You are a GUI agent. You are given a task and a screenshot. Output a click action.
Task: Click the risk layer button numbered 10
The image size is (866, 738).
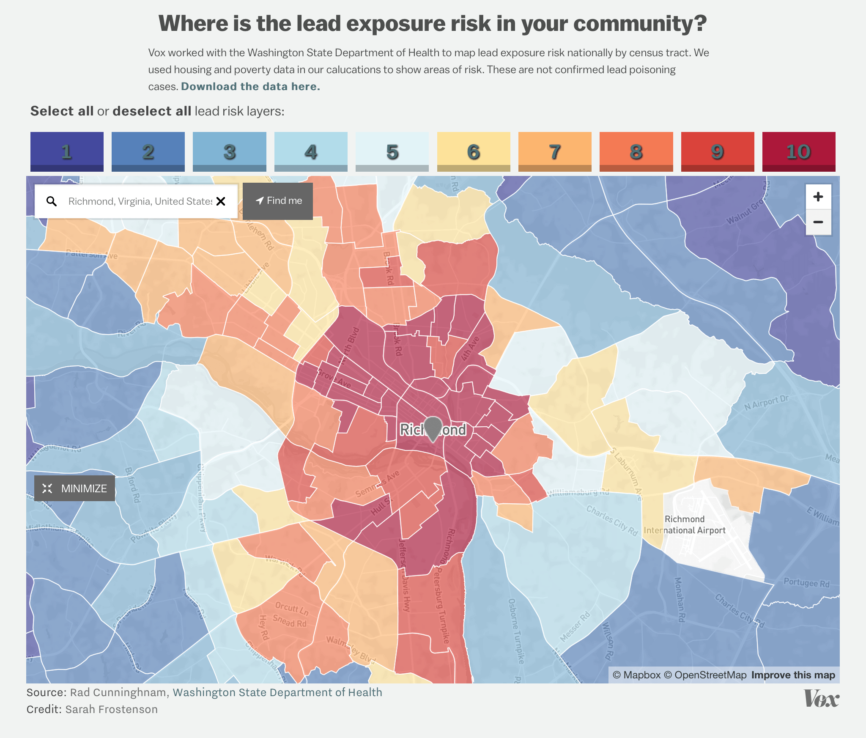click(798, 151)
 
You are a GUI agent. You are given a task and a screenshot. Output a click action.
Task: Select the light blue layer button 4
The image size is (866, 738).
click(311, 151)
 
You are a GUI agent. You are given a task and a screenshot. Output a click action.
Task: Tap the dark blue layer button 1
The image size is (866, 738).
click(67, 151)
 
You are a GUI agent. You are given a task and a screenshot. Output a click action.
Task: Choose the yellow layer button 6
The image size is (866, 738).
click(474, 151)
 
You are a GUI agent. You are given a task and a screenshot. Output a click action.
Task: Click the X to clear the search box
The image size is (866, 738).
click(221, 201)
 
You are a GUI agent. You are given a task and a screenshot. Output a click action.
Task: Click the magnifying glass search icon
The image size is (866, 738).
click(52, 201)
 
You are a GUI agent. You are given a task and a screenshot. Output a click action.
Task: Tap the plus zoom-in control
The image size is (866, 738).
click(818, 197)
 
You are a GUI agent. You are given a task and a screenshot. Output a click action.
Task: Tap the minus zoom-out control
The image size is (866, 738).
click(818, 222)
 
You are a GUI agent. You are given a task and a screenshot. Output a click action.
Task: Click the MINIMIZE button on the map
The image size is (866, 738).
click(75, 488)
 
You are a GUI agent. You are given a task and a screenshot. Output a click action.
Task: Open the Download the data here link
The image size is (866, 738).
click(250, 86)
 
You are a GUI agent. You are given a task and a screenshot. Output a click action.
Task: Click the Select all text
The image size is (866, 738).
click(62, 111)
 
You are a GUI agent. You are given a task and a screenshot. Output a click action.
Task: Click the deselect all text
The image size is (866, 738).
click(152, 111)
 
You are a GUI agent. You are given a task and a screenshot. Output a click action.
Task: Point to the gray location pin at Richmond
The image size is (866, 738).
click(433, 427)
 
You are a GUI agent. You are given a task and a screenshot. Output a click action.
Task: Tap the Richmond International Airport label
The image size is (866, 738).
click(685, 525)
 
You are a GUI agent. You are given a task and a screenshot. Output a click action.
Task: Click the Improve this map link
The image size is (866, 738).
click(793, 675)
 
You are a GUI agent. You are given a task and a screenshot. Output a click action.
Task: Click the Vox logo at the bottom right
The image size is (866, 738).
click(821, 699)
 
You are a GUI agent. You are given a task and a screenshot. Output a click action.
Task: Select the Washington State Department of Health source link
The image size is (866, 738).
click(277, 692)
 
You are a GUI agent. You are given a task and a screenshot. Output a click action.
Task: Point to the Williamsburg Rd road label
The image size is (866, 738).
click(578, 493)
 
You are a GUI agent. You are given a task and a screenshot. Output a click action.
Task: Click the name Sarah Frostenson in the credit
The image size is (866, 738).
click(111, 709)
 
